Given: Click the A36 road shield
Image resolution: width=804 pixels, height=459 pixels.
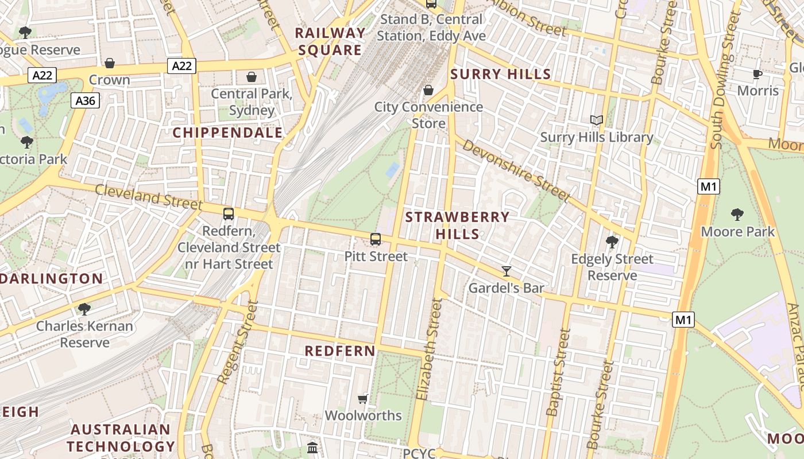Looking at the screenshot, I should (x=86, y=101).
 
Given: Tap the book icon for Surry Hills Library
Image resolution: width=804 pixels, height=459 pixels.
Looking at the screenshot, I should (x=597, y=120).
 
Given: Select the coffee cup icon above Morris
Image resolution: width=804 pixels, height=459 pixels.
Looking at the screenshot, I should (x=757, y=74).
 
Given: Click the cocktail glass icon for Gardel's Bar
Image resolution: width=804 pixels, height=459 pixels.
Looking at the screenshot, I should (x=506, y=271).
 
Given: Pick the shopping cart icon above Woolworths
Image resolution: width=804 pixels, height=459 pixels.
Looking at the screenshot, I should (x=363, y=398).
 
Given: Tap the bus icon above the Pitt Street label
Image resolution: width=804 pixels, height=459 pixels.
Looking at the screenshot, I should (x=376, y=239).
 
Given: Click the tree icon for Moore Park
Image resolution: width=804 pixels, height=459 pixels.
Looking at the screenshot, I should (x=737, y=215).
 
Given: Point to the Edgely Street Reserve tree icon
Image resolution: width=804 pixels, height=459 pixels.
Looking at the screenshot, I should (x=612, y=242).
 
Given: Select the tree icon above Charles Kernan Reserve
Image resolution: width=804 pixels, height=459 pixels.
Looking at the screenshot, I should (x=84, y=309).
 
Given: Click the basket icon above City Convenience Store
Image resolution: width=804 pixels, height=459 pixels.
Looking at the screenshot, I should (x=428, y=90).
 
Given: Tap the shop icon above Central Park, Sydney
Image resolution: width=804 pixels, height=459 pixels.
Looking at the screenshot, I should (x=252, y=77).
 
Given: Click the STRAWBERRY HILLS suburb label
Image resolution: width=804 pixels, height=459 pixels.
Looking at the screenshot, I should (x=457, y=225).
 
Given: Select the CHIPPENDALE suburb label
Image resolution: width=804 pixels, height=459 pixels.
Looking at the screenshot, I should (x=228, y=133).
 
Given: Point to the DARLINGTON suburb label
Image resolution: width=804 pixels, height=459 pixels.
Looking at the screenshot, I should (x=52, y=279).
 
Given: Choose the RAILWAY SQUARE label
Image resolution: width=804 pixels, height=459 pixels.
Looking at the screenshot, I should (x=330, y=41).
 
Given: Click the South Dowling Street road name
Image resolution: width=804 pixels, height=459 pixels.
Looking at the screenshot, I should (x=724, y=80).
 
